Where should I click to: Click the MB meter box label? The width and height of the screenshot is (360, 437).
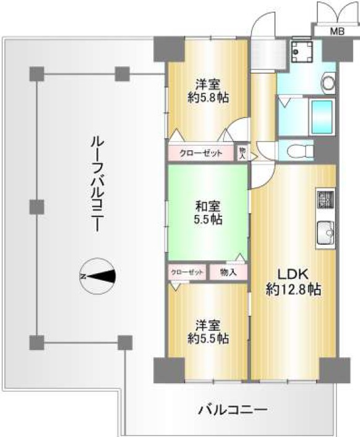click(337, 31)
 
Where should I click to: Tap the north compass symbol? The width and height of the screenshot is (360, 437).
click(97, 276)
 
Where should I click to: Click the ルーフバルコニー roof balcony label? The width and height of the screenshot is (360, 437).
click(97, 185)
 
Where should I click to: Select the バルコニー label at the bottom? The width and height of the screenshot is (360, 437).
click(233, 410)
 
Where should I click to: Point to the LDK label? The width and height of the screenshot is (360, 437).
click(293, 274)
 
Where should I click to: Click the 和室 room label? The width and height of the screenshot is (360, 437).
click(208, 206)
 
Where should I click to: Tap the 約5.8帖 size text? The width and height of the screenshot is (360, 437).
click(208, 98)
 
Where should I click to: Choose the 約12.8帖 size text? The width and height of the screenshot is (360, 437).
click(293, 289)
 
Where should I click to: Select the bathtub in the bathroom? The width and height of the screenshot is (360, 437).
click(322, 117)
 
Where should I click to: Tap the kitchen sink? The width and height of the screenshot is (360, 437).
click(325, 234)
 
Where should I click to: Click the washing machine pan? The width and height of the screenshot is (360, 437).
click(301, 51)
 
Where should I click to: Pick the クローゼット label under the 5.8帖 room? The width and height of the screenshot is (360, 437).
click(201, 153)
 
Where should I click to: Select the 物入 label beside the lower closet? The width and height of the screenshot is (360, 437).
click(228, 273)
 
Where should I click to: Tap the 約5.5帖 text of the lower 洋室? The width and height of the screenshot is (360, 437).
click(208, 338)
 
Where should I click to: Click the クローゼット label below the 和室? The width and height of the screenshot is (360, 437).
click(187, 273)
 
